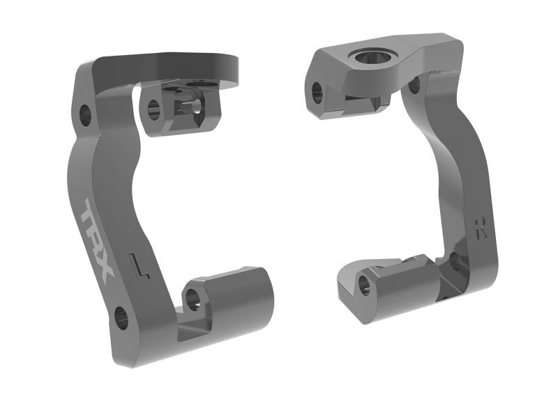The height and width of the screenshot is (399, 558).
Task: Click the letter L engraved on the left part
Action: tap(139, 265)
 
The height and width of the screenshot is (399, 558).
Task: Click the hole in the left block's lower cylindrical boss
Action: tap(193, 299)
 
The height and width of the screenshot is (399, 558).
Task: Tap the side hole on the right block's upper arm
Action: tap(317, 89)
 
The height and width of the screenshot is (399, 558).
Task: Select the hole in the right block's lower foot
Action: tap(363, 283)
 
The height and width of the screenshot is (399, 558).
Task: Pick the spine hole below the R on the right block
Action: tap(454, 261)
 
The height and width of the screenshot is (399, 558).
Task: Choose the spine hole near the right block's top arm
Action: tap(414, 85)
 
